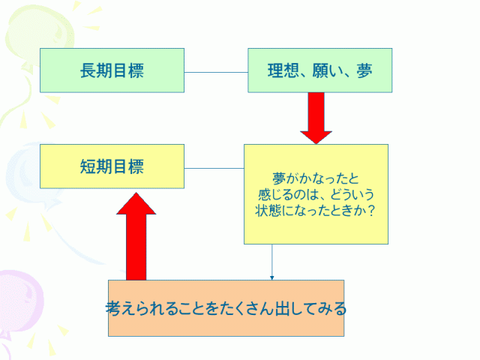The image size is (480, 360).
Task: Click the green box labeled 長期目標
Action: point(112,70)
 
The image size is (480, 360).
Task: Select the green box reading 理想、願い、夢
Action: point(319,70)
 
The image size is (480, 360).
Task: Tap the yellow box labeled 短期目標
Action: point(112,166)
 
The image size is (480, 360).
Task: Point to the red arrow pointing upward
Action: point(136,236)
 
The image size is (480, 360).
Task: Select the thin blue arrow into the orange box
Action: point(271,262)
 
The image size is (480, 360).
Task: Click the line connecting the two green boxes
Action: point(216,72)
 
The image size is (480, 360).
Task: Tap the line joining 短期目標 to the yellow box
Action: point(214,168)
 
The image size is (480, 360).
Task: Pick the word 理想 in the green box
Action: point(283,71)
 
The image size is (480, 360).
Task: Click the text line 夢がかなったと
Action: point(316,178)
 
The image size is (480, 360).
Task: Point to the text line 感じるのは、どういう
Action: point(316,194)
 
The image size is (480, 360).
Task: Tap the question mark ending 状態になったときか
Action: point(372,210)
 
